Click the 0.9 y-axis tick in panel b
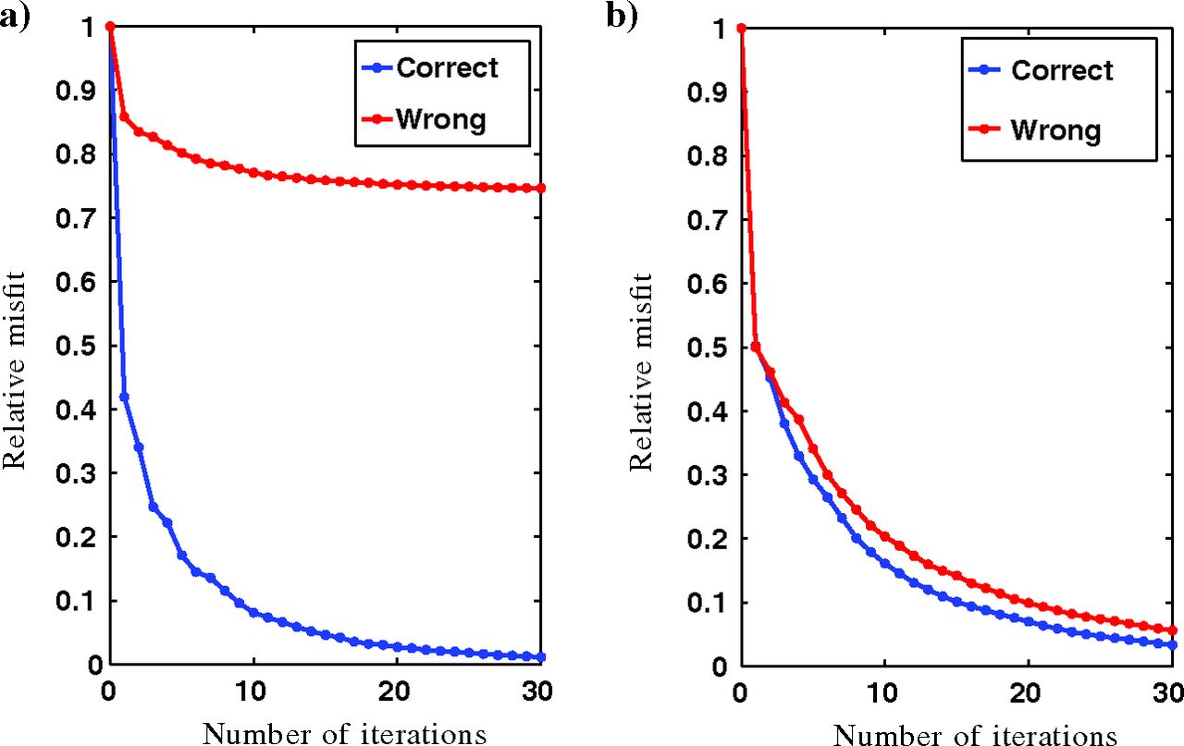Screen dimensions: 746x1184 711,92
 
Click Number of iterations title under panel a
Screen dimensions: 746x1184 344,734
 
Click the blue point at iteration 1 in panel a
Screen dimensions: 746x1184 124,397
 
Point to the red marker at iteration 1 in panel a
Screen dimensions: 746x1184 124,116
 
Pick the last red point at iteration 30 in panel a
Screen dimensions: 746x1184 541,188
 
